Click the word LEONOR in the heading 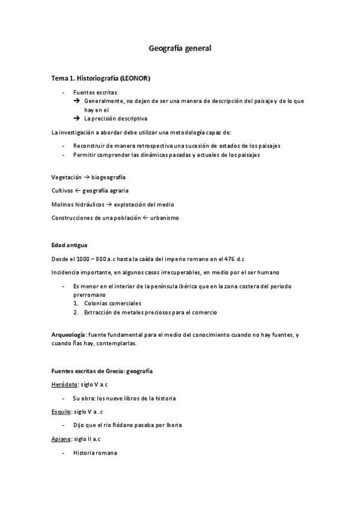(135, 79)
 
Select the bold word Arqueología (69, 334)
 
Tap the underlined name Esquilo (61, 411)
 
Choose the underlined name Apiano (60, 439)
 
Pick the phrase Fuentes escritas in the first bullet (91, 92)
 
